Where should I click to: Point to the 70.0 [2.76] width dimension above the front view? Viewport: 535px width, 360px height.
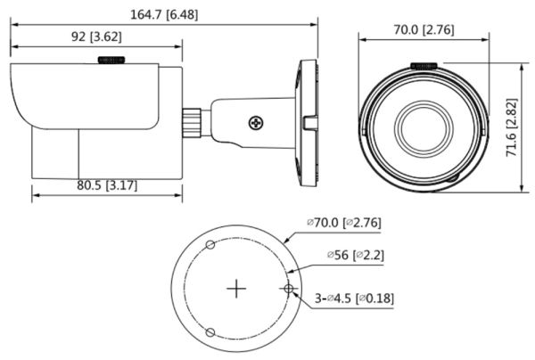424,30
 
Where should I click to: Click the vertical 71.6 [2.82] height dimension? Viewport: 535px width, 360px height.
512,127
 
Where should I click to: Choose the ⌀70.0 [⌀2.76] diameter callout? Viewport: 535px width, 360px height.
343,222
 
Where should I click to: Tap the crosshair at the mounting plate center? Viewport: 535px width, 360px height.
235,289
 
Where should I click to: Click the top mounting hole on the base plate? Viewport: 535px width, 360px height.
210,245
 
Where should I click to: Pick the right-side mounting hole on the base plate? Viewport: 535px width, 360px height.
287,288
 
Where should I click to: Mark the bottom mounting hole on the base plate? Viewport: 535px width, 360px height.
210,332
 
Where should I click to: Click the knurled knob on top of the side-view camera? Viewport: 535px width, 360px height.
111,60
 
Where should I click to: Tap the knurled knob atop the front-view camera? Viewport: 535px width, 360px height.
424,66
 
